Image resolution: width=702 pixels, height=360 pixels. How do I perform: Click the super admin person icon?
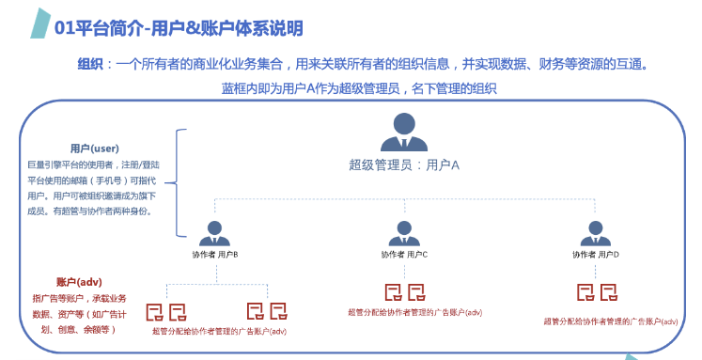[404, 133]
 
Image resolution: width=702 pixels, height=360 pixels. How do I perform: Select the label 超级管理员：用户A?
[404, 164]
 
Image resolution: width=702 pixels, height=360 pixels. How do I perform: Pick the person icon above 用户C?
[404, 232]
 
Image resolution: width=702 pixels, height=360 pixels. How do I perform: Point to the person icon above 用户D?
[595, 232]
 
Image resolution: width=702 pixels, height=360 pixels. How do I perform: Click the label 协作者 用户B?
[216, 255]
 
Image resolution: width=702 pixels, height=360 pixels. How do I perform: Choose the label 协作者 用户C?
[404, 255]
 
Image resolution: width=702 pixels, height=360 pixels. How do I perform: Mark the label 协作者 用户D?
[595, 255]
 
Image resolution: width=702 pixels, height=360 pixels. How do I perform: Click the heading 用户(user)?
[94, 148]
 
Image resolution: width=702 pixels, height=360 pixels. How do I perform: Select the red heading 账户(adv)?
[79, 282]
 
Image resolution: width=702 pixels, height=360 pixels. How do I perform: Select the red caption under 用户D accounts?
[610, 321]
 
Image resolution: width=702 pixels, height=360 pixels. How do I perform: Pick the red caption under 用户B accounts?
[218, 331]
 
